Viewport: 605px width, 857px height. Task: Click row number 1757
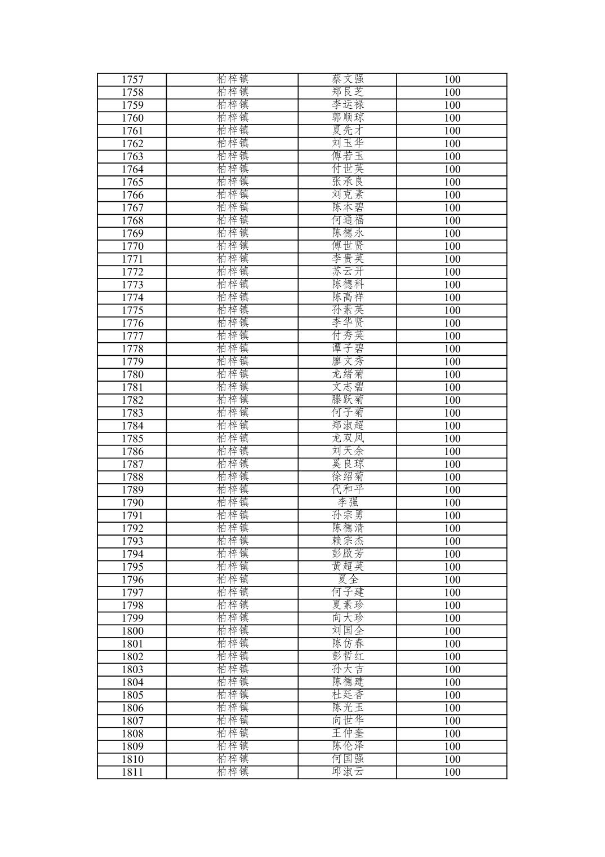click(132, 79)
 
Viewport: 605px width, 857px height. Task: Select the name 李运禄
click(348, 105)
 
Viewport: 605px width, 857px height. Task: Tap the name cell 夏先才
click(348, 131)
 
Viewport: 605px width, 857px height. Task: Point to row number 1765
click(132, 182)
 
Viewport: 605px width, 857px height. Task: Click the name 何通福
click(348, 220)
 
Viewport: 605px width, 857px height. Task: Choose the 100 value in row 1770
click(452, 246)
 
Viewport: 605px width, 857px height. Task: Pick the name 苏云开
click(348, 272)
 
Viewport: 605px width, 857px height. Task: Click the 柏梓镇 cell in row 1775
click(232, 310)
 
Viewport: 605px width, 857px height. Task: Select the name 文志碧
click(348, 387)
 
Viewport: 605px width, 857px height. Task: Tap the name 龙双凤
click(348, 439)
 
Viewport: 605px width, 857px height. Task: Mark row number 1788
click(132, 477)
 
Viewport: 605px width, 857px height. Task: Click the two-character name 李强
click(348, 503)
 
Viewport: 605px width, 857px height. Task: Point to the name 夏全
click(348, 580)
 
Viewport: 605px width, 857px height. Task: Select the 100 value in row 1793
click(452, 541)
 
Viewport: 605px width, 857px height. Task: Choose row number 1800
click(132, 631)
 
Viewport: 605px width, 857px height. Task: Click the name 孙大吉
click(348, 669)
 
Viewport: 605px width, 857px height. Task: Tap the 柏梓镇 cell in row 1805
click(232, 695)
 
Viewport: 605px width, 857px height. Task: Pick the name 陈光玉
click(348, 708)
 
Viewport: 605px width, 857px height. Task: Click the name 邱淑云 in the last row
click(348, 772)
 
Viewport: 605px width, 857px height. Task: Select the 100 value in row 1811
click(452, 772)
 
